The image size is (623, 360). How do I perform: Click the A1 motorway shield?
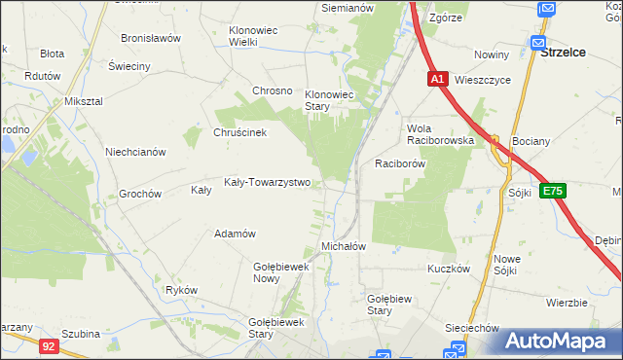(437, 79)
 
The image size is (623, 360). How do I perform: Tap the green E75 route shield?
(553, 192)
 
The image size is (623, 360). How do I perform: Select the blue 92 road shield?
(49, 344)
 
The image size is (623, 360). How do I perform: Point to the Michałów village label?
(343, 247)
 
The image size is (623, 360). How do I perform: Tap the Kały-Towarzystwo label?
(267, 182)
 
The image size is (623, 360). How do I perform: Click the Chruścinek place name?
(239, 132)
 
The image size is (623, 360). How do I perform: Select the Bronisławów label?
(151, 39)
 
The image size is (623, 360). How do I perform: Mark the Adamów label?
(235, 234)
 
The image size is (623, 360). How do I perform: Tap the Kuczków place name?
(449, 268)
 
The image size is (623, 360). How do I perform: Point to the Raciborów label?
(399, 164)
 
